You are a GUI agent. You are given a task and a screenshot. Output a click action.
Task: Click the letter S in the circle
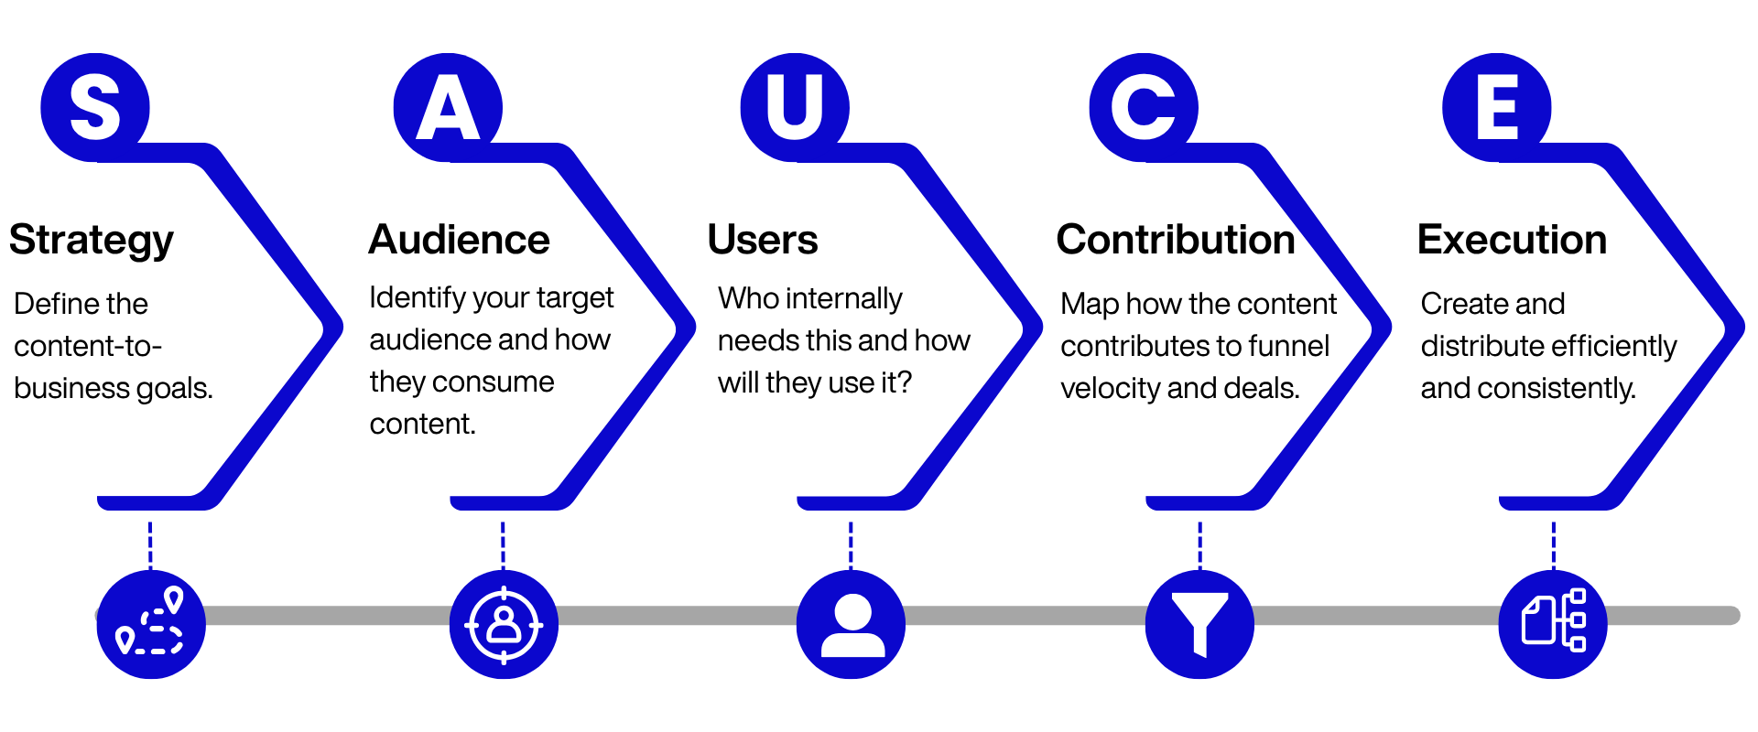pyautogui.click(x=95, y=107)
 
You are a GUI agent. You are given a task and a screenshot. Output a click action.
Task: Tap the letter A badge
pyautogui.click(x=448, y=107)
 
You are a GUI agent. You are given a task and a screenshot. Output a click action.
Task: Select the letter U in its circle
pyautogui.click(x=795, y=107)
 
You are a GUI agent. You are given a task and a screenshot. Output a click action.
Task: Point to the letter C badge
pyautogui.click(x=1144, y=107)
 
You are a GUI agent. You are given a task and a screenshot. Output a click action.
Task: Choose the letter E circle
pyautogui.click(x=1497, y=107)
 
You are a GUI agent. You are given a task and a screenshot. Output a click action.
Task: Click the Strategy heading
pyautogui.click(x=91, y=240)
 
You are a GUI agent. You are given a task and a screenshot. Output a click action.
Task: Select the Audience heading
pyautogui.click(x=459, y=240)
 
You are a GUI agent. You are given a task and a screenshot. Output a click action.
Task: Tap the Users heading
pyautogui.click(x=762, y=240)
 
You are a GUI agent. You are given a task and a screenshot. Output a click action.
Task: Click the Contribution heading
pyautogui.click(x=1176, y=240)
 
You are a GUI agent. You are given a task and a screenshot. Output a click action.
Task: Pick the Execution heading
pyautogui.click(x=1512, y=240)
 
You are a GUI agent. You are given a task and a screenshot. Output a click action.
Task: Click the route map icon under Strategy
pyautogui.click(x=150, y=624)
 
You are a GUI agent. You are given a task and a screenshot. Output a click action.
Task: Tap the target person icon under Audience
pyautogui.click(x=504, y=624)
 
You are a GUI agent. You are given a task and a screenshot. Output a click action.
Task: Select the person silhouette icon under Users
pyautogui.click(x=852, y=624)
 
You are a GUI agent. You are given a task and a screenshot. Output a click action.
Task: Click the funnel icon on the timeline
pyautogui.click(x=1199, y=624)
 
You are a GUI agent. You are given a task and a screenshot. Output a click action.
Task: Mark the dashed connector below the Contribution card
pyautogui.click(x=1199, y=544)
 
